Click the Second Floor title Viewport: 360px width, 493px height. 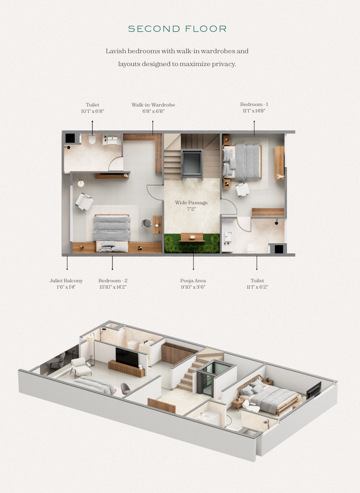(177, 29)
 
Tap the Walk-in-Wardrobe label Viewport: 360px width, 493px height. (153, 105)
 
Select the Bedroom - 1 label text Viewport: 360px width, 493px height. (254, 104)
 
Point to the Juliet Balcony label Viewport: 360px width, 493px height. (66, 280)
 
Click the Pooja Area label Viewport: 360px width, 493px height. (193, 280)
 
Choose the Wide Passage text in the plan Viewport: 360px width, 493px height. (191, 202)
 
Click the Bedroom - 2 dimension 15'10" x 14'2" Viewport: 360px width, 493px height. (112, 287)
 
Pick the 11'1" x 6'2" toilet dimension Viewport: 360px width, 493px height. (257, 287)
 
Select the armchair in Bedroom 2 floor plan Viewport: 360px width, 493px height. (84, 201)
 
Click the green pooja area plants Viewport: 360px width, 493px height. (192, 244)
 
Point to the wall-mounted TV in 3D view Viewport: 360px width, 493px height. (127, 357)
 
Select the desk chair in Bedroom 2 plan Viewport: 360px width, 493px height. (146, 223)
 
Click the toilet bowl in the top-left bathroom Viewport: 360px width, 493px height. (92, 139)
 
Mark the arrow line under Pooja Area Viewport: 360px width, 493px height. (193, 262)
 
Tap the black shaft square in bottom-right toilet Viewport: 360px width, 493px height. (279, 249)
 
